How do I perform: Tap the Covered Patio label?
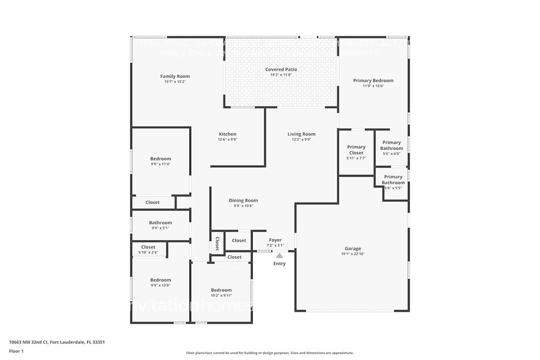point(281,70)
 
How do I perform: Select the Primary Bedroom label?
point(373,80)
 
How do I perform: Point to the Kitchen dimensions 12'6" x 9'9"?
point(227,140)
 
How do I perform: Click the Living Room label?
point(301,134)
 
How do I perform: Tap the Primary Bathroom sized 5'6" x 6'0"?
point(392,145)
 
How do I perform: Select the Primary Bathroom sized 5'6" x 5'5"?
point(393,179)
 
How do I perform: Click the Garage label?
point(353,249)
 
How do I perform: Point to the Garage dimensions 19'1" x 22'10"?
point(353,254)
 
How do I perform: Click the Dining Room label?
point(243,200)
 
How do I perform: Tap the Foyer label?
point(276,240)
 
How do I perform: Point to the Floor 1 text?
point(16,351)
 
